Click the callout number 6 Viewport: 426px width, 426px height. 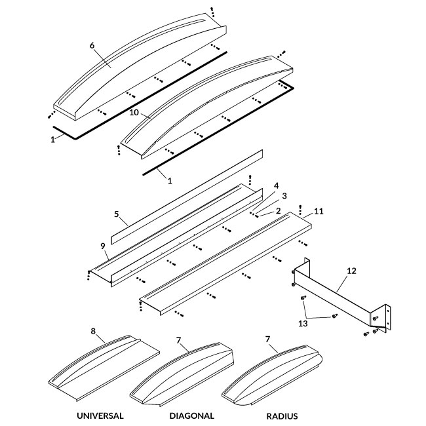coord(92,45)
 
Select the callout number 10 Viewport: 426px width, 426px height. coord(134,113)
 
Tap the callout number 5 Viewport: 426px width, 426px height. coord(116,214)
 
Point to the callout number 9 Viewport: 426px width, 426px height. coord(103,246)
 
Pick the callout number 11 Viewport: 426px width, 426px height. coord(319,211)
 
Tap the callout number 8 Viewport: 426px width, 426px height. coord(94,331)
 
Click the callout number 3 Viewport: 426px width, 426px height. coord(284,195)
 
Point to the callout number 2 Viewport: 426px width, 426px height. coord(279,210)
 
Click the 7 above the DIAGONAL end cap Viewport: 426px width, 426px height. coord(178,339)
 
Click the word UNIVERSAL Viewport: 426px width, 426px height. coord(100,416)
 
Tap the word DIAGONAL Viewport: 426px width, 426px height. coord(192,416)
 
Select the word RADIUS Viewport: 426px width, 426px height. coord(282,416)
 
